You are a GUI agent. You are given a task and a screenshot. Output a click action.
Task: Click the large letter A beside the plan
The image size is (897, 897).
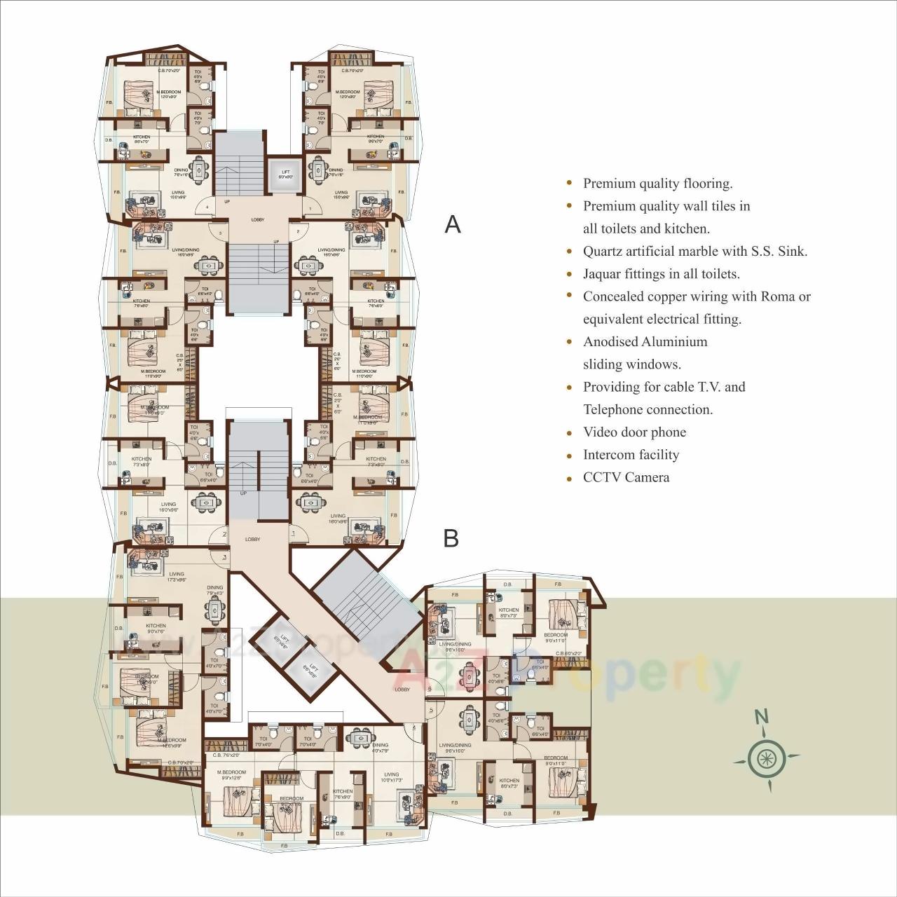(453, 224)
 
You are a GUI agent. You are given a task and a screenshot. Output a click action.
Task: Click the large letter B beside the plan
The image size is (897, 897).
(451, 538)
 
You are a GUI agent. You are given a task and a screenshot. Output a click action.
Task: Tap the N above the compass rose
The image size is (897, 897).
(762, 717)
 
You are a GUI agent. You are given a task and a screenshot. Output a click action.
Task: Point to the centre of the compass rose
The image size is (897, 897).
(765, 758)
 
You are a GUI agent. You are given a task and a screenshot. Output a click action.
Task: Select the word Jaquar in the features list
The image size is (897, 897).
(603, 274)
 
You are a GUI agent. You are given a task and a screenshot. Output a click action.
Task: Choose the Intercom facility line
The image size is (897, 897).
(631, 455)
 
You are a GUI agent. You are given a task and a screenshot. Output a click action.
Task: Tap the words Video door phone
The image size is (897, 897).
(634, 432)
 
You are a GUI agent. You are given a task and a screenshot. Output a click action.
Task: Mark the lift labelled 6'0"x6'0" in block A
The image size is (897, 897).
(285, 174)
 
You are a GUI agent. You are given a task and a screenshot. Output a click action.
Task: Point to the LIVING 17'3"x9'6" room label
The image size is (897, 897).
(176, 577)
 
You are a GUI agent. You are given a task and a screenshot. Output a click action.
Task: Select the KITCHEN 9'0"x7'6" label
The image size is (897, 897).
(156, 629)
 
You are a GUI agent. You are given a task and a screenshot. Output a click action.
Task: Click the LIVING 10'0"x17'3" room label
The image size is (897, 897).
(390, 777)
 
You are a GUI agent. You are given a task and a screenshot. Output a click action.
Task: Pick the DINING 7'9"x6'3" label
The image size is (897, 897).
(214, 590)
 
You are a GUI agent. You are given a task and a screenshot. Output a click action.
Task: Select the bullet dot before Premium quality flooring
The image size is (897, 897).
(569, 184)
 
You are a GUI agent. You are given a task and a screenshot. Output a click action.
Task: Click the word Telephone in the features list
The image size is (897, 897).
(613, 410)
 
